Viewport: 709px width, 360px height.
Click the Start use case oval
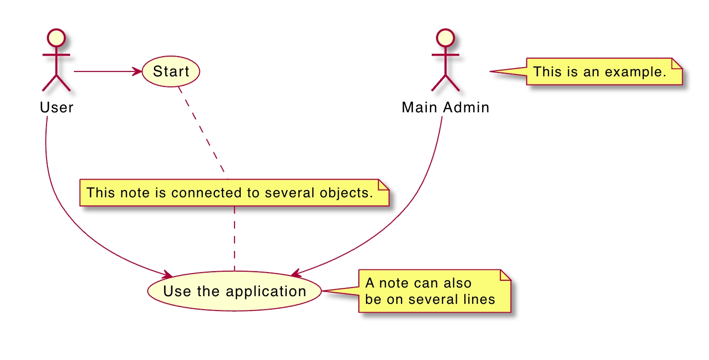pos(171,72)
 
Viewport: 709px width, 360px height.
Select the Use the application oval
pos(234,291)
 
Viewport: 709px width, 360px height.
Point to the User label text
pos(57,108)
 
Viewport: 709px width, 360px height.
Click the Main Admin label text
pos(445,108)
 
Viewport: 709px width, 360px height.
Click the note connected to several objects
pos(234,193)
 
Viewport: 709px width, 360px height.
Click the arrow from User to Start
pos(106,72)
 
